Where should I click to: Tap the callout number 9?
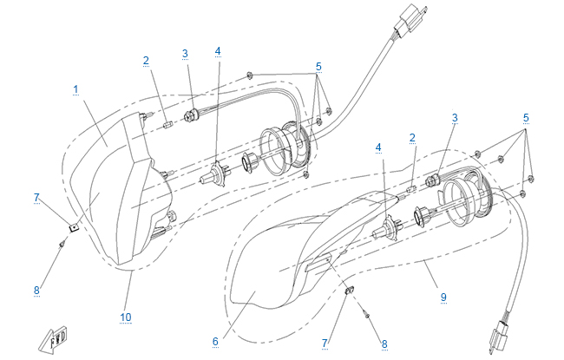point(443,297)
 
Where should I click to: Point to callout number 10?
point(126,317)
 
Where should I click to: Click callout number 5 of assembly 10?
point(318,67)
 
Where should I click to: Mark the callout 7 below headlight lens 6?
point(325,344)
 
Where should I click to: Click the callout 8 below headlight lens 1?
point(37,291)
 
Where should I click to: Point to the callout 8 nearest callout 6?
point(384,343)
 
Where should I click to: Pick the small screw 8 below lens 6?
point(368,312)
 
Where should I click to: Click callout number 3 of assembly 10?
point(185,54)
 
